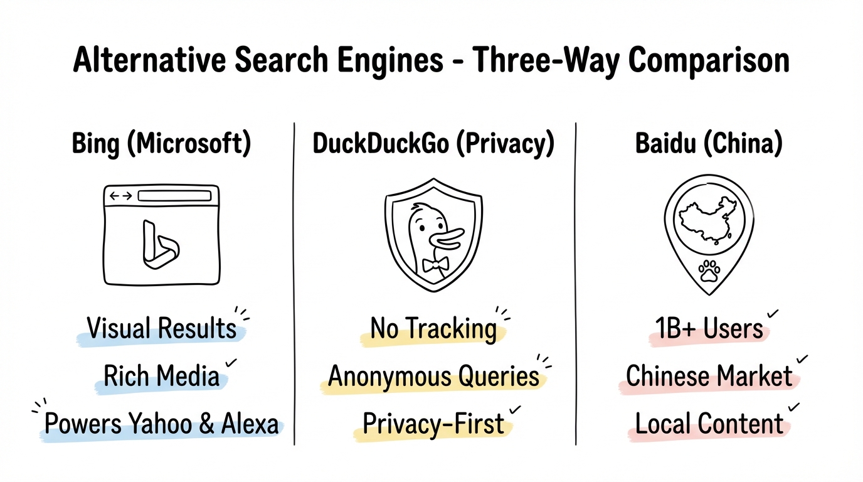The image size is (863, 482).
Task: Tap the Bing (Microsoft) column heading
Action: (x=162, y=144)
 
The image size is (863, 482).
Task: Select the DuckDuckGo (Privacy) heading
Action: (x=433, y=144)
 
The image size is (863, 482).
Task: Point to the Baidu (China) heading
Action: (x=709, y=144)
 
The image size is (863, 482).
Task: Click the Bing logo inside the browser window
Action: (x=159, y=245)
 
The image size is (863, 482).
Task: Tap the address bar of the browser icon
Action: (x=174, y=196)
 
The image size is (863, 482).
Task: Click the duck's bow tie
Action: (x=434, y=264)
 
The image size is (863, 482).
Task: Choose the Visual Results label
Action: (x=162, y=328)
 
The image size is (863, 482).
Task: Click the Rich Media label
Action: (x=162, y=376)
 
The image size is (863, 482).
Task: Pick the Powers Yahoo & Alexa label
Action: (x=162, y=424)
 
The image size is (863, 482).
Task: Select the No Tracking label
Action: (x=433, y=328)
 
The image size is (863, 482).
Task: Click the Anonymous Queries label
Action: (x=433, y=376)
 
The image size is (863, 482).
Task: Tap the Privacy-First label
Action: (x=433, y=424)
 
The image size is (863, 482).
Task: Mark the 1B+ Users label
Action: (x=709, y=328)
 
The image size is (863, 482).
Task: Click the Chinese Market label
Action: (x=709, y=376)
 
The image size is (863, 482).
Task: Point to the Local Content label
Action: (x=709, y=424)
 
